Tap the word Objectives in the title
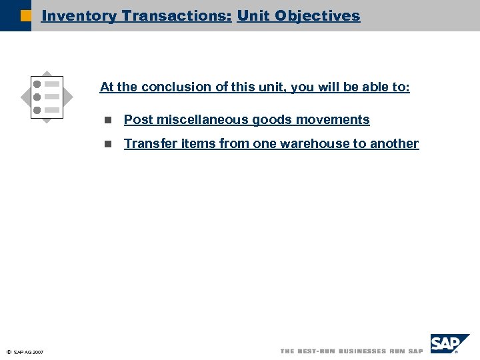318,16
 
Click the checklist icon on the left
47,97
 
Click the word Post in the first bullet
139,120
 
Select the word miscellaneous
202,120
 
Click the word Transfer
150,144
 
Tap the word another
395,144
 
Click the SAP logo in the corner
449,344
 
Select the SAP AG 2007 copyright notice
25,352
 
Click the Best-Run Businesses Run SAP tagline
351,351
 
